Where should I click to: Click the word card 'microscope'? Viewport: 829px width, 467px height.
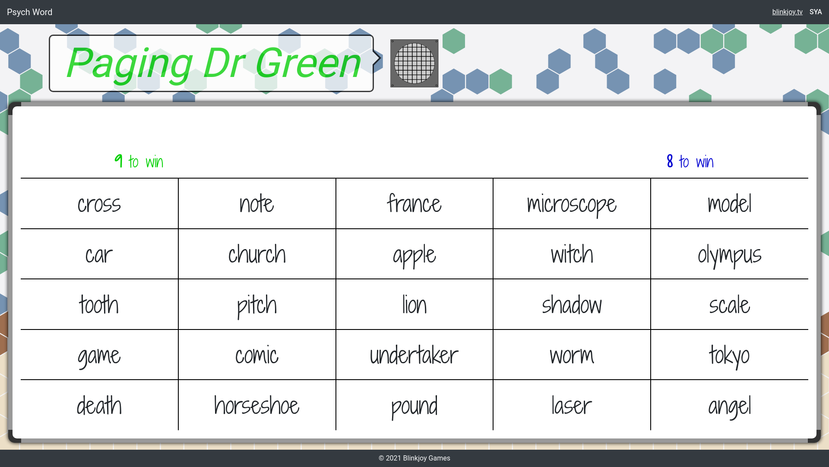[x=572, y=204]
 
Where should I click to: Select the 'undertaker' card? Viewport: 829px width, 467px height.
[x=414, y=355]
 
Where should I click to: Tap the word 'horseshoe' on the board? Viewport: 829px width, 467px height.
[x=257, y=405]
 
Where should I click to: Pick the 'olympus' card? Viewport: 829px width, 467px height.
[x=729, y=254]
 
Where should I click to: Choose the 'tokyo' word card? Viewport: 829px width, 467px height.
[x=729, y=355]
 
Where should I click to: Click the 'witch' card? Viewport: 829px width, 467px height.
[x=572, y=254]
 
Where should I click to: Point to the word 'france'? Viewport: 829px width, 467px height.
[x=414, y=204]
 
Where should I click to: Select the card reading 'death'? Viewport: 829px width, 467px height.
[x=99, y=405]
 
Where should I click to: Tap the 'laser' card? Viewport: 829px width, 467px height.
[x=572, y=405]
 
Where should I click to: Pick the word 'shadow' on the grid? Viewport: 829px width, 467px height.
[x=572, y=304]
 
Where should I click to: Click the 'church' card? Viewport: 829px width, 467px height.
[x=257, y=254]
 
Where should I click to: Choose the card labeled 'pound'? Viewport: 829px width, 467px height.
[x=414, y=405]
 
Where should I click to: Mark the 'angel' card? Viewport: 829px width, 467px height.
[x=729, y=405]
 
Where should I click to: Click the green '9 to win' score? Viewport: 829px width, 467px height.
[x=139, y=161]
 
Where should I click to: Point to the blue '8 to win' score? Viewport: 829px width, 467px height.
[x=690, y=161]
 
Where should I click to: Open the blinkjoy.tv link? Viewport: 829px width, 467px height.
[x=787, y=12]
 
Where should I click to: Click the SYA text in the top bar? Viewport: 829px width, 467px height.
[x=816, y=12]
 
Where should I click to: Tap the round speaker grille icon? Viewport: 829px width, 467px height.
[x=414, y=64]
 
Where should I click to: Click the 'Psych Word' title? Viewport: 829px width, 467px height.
[x=30, y=12]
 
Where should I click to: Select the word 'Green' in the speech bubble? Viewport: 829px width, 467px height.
[x=307, y=63]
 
